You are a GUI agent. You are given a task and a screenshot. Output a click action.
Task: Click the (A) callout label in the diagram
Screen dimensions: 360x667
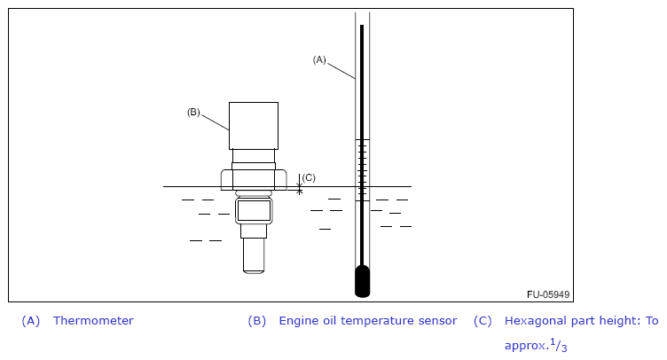point(319,59)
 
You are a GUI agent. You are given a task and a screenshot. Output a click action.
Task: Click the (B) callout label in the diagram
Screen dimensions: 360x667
point(193,112)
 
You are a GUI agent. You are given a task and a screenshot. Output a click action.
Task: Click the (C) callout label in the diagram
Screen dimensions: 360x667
point(309,177)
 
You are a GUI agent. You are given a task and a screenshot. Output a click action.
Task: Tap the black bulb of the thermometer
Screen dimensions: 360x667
point(362,281)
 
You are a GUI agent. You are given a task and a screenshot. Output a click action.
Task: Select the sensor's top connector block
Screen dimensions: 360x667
point(254,125)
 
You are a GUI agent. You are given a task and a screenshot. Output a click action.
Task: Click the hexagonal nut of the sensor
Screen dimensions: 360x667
point(254,180)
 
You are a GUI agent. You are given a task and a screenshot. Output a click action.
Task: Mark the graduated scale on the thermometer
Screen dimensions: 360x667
point(362,169)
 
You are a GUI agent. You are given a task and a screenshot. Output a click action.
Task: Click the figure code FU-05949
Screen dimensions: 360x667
point(548,294)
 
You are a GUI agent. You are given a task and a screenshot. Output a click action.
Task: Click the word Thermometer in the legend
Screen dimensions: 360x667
point(93,321)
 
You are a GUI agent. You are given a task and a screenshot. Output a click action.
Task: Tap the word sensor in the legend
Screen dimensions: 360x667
point(437,321)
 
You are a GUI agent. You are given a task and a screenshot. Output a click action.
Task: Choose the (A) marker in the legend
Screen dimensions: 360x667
point(31,321)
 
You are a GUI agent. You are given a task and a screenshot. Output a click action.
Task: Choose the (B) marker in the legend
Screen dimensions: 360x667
point(257,321)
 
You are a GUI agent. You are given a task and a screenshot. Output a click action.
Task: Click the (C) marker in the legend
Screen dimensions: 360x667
point(483,321)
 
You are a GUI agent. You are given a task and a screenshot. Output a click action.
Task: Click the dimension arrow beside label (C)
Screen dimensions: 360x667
point(300,184)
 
